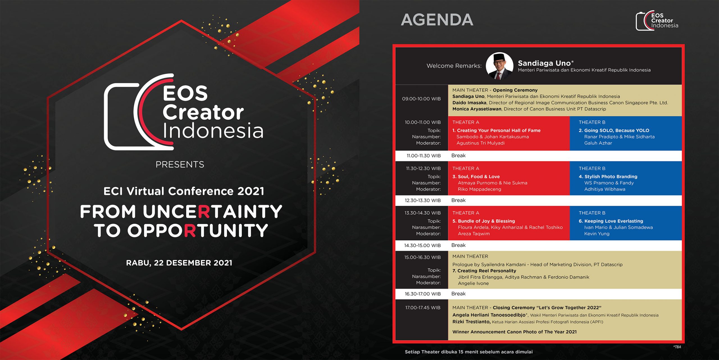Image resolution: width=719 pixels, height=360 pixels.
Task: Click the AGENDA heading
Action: point(437,20)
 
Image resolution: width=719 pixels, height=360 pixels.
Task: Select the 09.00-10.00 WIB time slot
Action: point(421,99)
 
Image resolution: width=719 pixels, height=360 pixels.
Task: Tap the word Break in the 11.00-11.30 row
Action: point(458,156)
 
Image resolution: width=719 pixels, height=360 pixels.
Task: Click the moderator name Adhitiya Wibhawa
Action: point(605,189)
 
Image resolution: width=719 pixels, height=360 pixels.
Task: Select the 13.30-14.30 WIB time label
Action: point(422,213)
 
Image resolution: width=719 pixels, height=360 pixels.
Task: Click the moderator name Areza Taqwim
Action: point(474,234)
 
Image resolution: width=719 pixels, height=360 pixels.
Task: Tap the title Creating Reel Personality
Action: point(486,271)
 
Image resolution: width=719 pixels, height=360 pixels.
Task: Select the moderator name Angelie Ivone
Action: point(473,283)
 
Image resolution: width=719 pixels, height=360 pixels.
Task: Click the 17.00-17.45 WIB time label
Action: point(423,308)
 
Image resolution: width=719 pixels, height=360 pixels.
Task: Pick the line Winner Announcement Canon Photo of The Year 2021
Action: point(514,332)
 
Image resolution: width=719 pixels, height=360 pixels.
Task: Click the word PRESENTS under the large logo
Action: point(180,165)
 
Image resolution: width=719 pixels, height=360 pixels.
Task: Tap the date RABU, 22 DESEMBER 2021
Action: point(179,263)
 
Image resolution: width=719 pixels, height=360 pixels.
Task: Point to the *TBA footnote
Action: point(677,347)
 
